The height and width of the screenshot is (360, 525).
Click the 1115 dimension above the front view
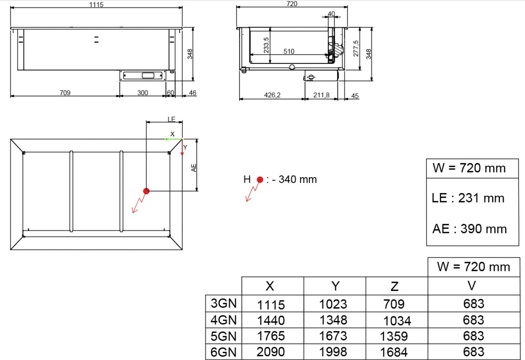(x=96, y=5)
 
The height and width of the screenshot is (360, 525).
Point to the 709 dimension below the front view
(x=65, y=93)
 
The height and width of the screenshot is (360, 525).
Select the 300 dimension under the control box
(x=142, y=93)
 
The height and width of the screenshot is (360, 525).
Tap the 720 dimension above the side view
(x=292, y=4)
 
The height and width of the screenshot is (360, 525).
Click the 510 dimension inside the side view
(x=289, y=51)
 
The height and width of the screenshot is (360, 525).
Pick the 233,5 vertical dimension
(x=266, y=45)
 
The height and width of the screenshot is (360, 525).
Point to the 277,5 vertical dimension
(x=356, y=49)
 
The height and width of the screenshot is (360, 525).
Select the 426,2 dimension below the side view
(x=272, y=95)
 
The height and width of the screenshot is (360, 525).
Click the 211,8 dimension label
(x=321, y=95)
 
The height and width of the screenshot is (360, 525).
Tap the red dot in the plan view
(x=146, y=191)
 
